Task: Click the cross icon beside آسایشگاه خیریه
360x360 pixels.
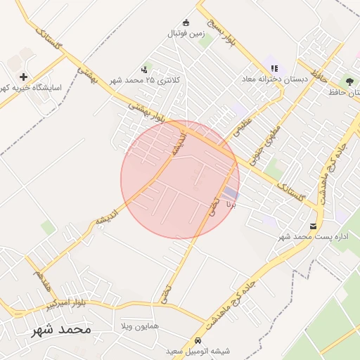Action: coord(24,77)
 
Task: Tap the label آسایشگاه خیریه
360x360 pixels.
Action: coord(32,88)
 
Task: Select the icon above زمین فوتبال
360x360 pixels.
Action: coord(186,22)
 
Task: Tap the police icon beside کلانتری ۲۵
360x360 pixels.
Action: coord(144,69)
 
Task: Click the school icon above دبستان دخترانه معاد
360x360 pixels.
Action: coord(274,68)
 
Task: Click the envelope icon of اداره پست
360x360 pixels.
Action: coord(313,226)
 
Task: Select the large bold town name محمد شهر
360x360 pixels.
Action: coord(61,329)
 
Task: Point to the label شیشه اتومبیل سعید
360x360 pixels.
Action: coord(193,350)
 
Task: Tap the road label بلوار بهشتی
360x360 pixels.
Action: coord(146,112)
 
